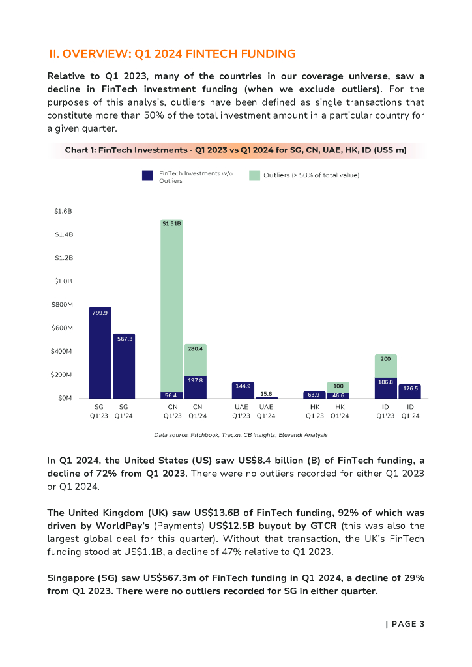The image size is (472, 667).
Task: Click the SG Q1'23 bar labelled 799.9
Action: [x=100, y=355]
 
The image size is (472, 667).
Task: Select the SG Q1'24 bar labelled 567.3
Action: [x=124, y=368]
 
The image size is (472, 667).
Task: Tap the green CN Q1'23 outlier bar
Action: [x=172, y=306]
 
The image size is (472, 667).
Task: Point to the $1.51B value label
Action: [x=172, y=223]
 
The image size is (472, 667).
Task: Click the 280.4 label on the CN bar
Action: [x=196, y=349]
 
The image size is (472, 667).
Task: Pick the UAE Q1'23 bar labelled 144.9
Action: [x=243, y=390]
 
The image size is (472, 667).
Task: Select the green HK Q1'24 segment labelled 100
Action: [x=338, y=387]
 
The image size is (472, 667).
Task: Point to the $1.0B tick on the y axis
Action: [x=63, y=281]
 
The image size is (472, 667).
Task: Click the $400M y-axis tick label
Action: [x=63, y=352]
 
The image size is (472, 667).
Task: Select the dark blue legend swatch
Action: [x=148, y=175]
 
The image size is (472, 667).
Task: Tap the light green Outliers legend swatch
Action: [x=254, y=175]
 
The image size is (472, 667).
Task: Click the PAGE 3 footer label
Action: [x=406, y=624]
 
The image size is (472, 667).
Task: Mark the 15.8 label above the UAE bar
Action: [x=266, y=393]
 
